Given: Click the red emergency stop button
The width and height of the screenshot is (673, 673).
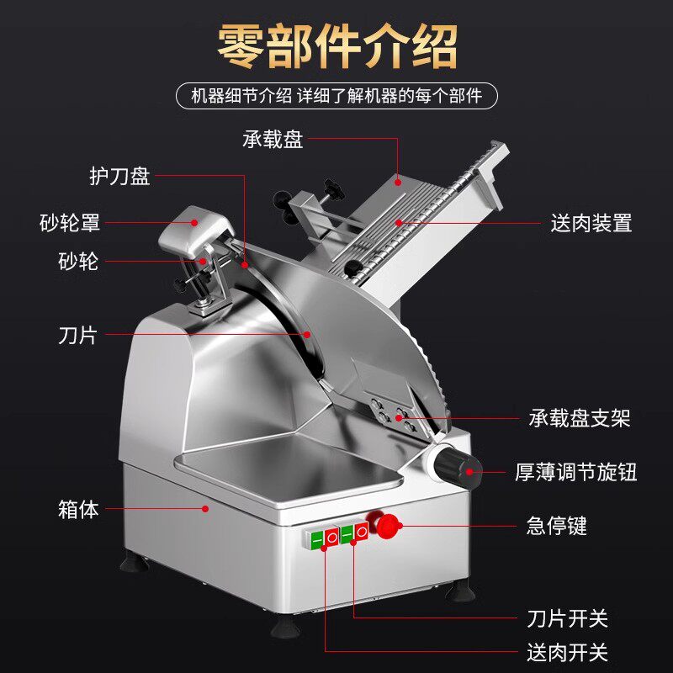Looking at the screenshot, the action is tap(388, 526).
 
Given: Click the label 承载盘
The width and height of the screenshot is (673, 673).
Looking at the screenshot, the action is tap(273, 140).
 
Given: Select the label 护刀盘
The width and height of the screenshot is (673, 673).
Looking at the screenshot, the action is tap(119, 177).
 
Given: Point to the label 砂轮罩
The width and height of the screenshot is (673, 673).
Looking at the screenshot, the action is tap(70, 223).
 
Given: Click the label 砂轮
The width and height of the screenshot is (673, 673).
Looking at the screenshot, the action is tap(78, 262).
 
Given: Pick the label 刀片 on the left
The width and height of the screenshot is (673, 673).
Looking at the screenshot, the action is tap(78, 336).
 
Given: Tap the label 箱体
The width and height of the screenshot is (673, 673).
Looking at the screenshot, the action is tap(79, 509).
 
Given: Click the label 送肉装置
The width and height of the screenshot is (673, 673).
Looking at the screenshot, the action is tap(591, 223).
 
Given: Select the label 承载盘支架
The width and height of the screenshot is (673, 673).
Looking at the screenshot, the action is tap(580, 418).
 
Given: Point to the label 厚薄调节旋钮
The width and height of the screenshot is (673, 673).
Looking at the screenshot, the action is tap(576, 472).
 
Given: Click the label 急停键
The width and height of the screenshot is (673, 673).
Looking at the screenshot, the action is tap(556, 527).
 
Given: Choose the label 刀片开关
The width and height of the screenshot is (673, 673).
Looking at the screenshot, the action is tap(566, 619).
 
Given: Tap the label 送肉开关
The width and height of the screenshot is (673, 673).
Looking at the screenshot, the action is tap(566, 653).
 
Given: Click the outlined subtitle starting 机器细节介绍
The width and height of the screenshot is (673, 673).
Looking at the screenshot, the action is tap(336, 95).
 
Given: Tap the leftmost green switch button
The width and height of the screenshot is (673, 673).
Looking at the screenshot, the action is tap(317, 538).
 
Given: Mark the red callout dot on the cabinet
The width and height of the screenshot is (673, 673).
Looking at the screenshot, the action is tap(208, 507).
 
